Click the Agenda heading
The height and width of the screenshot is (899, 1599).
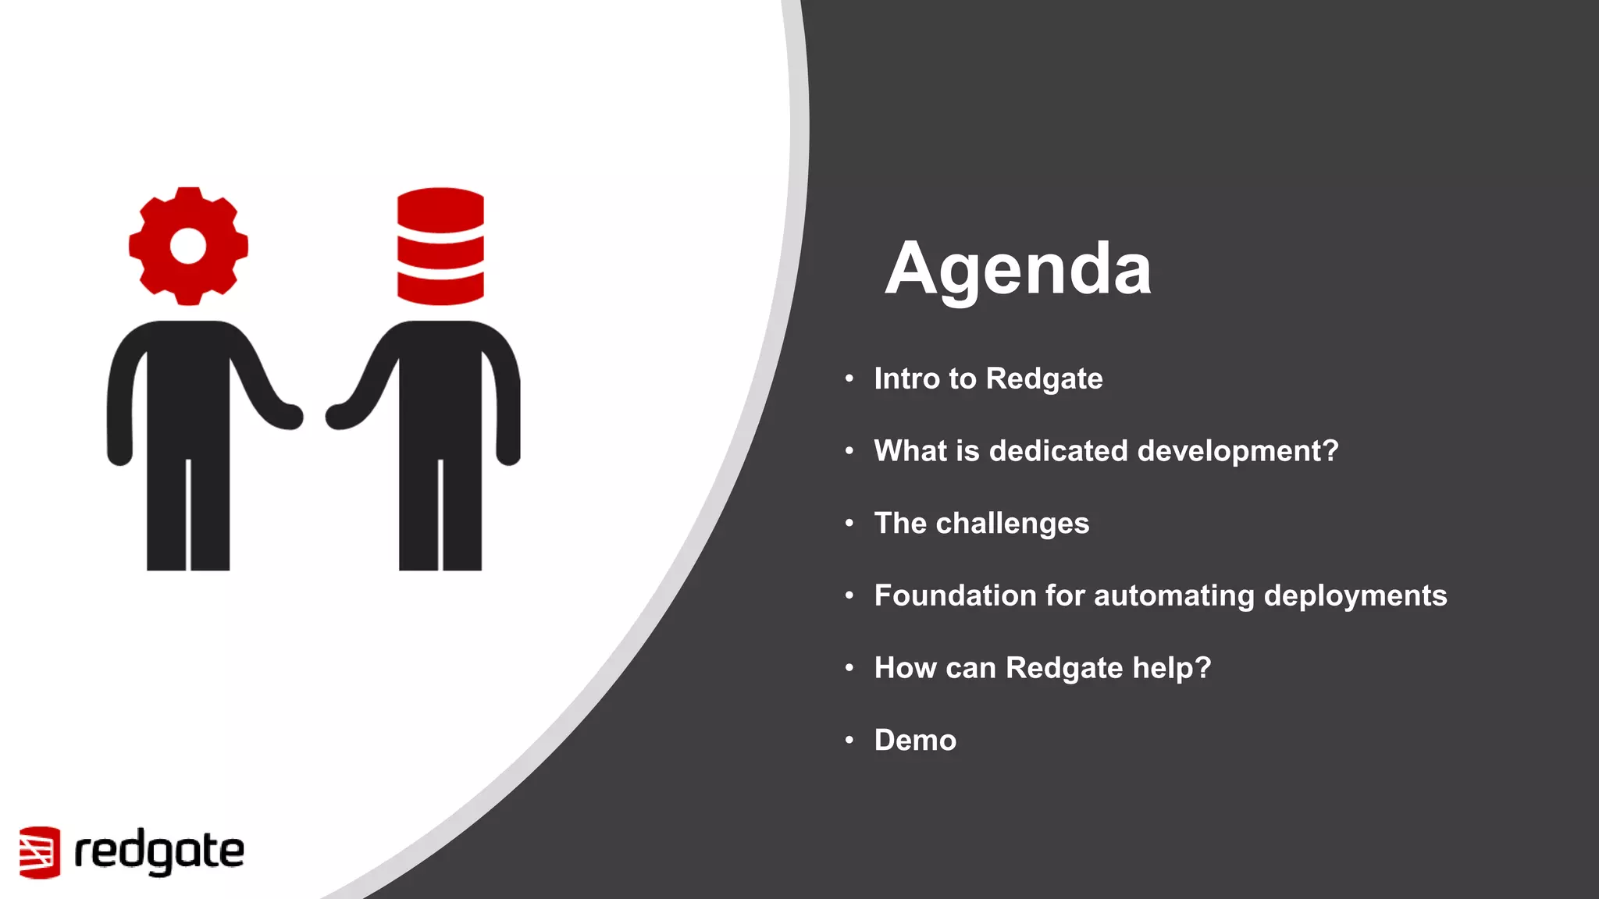tap(1018, 268)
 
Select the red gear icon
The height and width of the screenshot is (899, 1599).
tap(188, 245)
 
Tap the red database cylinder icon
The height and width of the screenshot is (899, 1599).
tap(440, 246)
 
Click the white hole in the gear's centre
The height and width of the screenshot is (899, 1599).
tap(188, 246)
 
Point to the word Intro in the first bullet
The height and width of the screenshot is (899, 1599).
tap(906, 378)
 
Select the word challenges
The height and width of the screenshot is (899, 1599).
tap(1012, 524)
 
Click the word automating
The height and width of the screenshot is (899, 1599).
tap(1174, 595)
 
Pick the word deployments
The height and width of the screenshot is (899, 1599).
tap(1355, 595)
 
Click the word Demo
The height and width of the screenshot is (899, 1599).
tap(915, 740)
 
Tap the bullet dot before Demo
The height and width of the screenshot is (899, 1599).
tap(849, 740)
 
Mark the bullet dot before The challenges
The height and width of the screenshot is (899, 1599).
tap(849, 523)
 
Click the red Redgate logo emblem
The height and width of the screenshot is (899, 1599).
tap(40, 851)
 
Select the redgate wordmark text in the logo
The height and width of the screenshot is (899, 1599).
tap(159, 851)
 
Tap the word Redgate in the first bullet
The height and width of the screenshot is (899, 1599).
tap(1044, 378)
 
